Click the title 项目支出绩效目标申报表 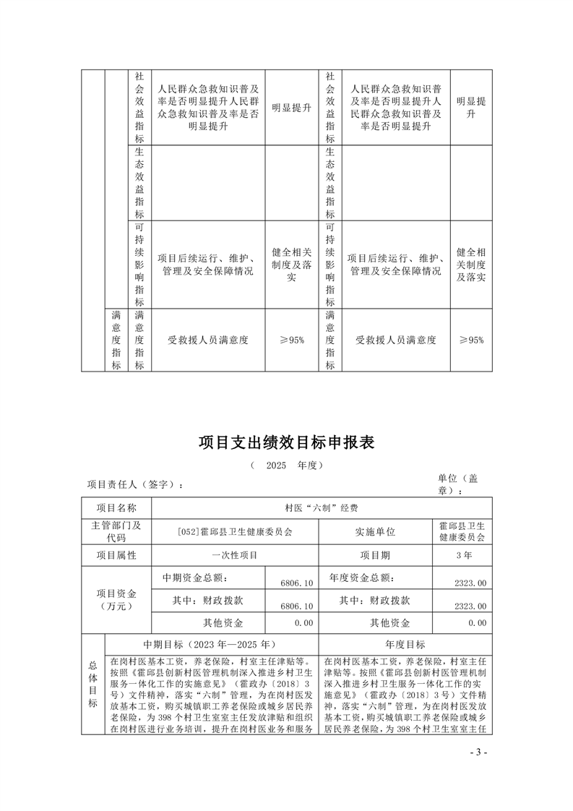[x=286, y=442]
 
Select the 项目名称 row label [x=116, y=508]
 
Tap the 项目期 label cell [x=375, y=556]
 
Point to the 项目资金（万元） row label [x=116, y=599]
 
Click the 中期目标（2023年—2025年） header [x=210, y=644]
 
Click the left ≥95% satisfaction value [x=291, y=340]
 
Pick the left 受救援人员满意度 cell [x=208, y=340]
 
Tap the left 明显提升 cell [x=291, y=108]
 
